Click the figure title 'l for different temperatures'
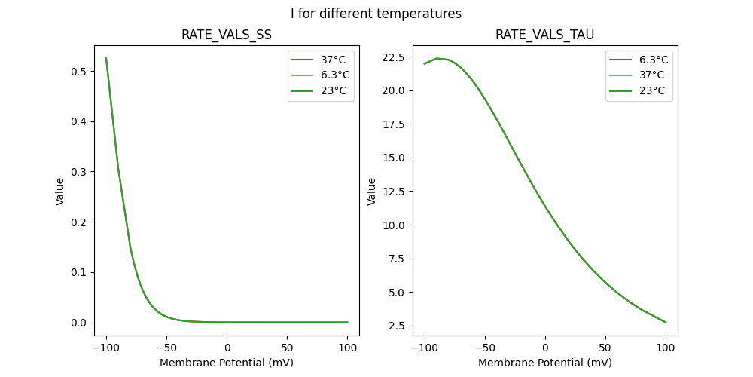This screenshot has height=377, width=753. (376, 14)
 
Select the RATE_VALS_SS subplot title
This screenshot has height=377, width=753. (227, 35)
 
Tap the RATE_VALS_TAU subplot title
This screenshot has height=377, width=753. (545, 35)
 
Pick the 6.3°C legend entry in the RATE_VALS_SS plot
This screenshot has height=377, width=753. (331, 75)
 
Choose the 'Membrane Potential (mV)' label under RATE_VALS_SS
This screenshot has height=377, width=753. (227, 363)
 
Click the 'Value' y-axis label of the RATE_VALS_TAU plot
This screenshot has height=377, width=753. (371, 192)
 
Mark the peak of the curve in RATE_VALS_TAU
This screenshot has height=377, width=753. (437, 58)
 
